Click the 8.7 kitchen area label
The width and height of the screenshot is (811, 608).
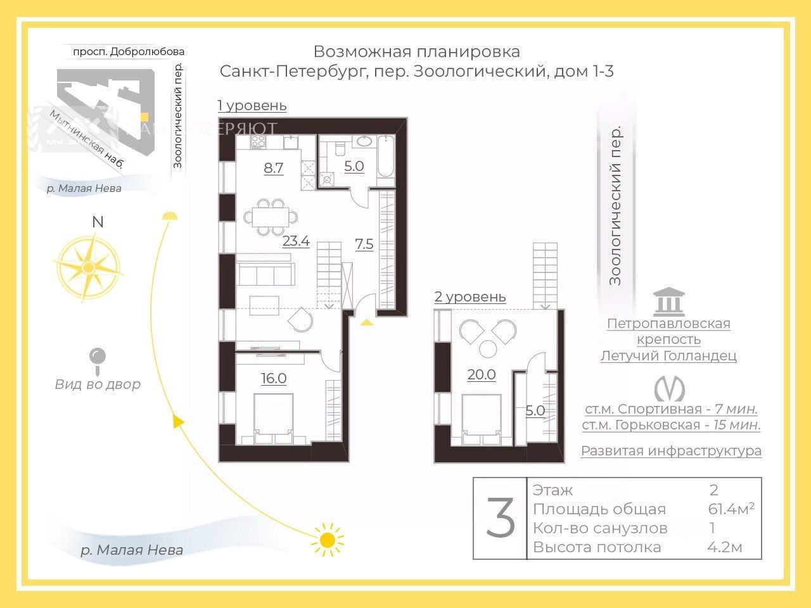(x=274, y=168)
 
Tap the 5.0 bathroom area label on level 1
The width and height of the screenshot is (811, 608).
(x=354, y=167)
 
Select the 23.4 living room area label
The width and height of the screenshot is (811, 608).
(x=295, y=241)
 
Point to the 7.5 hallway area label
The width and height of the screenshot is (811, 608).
(x=364, y=244)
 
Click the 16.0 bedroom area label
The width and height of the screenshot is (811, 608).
(x=274, y=379)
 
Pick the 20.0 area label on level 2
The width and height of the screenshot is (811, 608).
(x=481, y=375)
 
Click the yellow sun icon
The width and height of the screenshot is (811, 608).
(x=327, y=540)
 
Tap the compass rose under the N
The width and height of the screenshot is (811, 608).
(x=89, y=266)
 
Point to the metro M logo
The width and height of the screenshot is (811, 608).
(x=669, y=388)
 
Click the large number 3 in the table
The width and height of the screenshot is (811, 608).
(x=501, y=518)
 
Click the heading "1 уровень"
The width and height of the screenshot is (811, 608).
(x=252, y=106)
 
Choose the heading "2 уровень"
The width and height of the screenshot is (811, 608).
(x=470, y=297)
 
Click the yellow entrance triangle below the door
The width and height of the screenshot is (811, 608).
(x=367, y=322)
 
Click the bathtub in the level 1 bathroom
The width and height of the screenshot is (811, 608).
(x=385, y=157)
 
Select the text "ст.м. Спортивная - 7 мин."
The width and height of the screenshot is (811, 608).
(x=671, y=409)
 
